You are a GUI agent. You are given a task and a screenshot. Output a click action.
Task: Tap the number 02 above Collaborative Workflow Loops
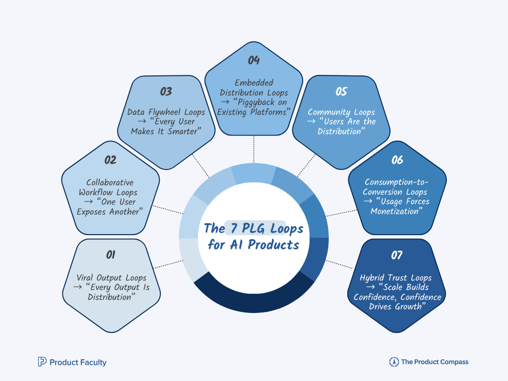pyautogui.click(x=110, y=160)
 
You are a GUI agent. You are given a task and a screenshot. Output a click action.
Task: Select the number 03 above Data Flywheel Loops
pyautogui.click(x=166, y=91)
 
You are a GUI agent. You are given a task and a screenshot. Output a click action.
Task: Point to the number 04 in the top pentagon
pyautogui.click(x=254, y=61)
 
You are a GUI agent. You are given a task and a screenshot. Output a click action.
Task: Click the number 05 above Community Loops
pyautogui.click(x=341, y=91)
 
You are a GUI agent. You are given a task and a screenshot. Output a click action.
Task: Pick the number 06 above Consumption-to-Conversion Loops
pyautogui.click(x=397, y=160)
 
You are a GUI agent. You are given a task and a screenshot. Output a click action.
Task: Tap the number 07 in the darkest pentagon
pyautogui.click(x=396, y=255)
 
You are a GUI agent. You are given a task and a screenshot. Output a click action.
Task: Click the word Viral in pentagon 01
pyautogui.click(x=87, y=278)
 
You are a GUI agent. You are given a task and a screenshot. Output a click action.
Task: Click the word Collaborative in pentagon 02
pyautogui.click(x=110, y=183)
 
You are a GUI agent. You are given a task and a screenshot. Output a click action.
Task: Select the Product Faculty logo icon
pyautogui.click(x=42, y=362)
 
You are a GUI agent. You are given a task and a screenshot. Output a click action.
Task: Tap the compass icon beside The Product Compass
pyautogui.click(x=394, y=362)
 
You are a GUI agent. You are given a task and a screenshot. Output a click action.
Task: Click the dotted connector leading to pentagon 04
pyautogui.click(x=254, y=148)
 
